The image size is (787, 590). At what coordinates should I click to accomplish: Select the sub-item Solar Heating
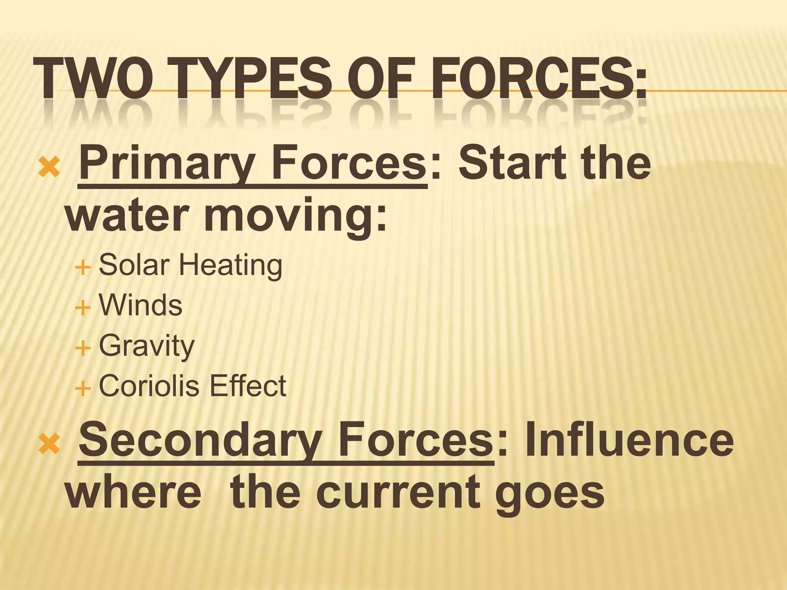click(x=191, y=265)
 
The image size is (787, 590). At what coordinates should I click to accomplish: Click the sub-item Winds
click(x=141, y=305)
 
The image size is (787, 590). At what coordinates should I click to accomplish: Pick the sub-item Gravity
click(x=147, y=346)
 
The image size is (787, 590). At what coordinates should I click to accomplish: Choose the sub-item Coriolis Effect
click(x=193, y=386)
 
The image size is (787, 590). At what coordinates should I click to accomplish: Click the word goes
click(x=550, y=494)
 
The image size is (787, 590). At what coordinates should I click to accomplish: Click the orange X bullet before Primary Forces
click(x=50, y=167)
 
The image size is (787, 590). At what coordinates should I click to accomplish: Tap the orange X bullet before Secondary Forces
click(x=50, y=444)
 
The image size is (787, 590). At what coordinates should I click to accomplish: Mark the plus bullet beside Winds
click(x=83, y=308)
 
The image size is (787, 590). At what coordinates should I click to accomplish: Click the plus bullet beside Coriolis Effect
click(x=83, y=388)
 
